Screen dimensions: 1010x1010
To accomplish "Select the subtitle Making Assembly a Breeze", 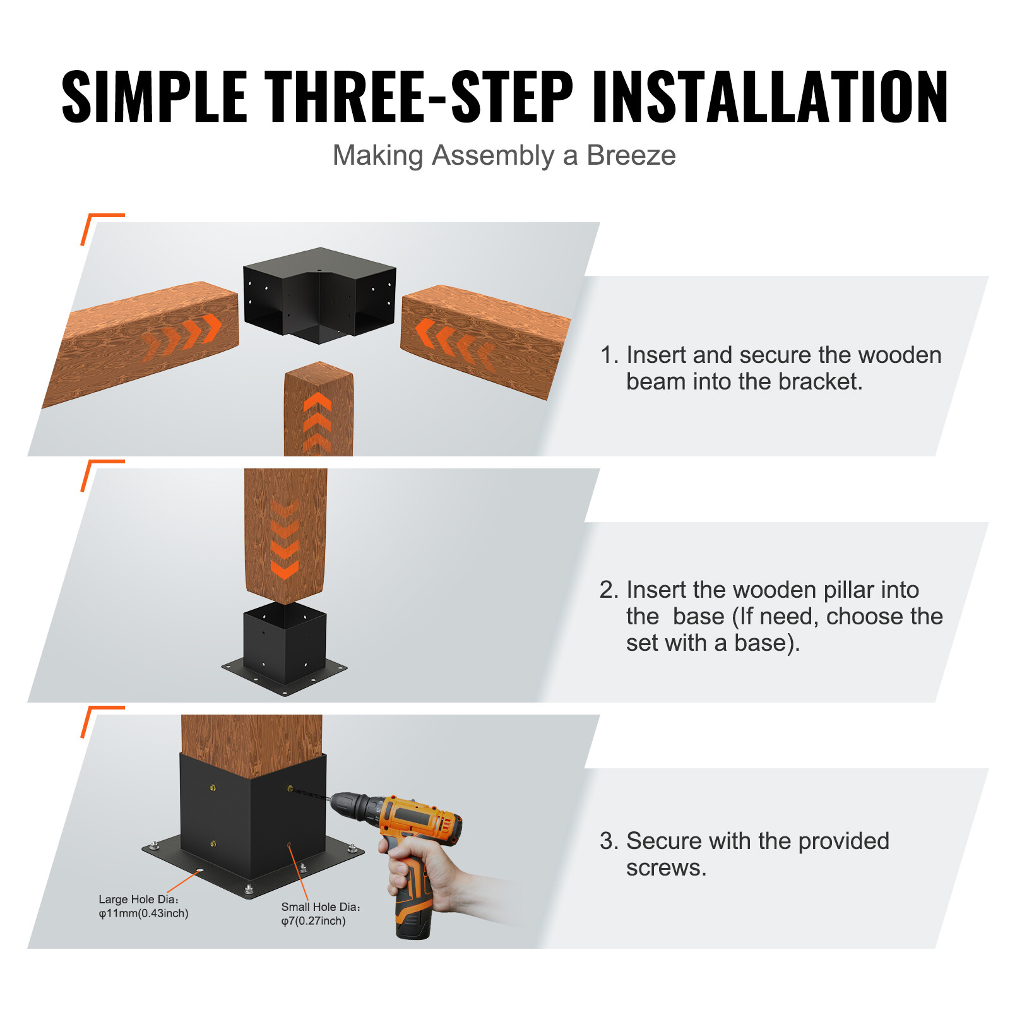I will (x=504, y=155).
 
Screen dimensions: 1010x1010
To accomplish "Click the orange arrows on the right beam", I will (x=453, y=343).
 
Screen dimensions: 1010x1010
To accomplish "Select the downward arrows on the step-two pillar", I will (x=284, y=540).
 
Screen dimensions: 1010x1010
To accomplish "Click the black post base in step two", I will (x=284, y=650).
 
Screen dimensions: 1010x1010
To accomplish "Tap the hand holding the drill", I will (x=423, y=874).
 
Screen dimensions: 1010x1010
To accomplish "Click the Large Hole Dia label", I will (x=143, y=906).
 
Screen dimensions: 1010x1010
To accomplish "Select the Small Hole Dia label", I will (x=320, y=913).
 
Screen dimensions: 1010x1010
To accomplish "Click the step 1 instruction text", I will (x=770, y=368).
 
